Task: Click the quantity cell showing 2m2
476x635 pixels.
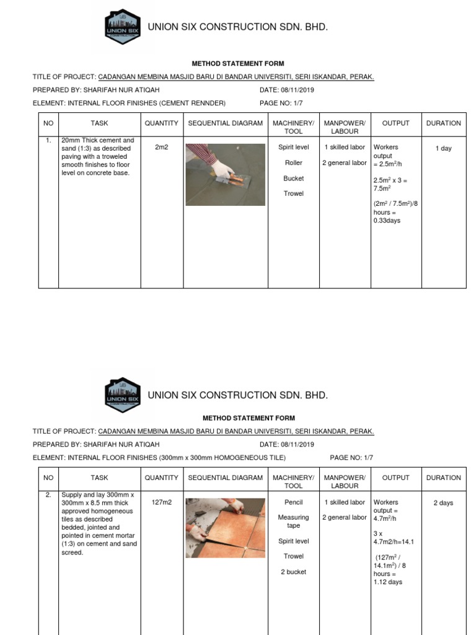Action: (x=161, y=148)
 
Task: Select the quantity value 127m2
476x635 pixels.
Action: (x=161, y=502)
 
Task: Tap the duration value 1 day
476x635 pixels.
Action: (x=443, y=149)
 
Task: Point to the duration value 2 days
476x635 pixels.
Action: (x=443, y=503)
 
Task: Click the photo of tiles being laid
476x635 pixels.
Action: (x=226, y=528)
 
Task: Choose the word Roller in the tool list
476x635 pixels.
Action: (x=293, y=163)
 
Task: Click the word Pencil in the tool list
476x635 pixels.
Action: (x=293, y=502)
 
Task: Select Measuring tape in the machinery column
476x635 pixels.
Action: (x=293, y=522)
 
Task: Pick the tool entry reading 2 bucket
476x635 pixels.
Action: (x=293, y=572)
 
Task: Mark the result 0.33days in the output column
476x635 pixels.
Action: (x=387, y=221)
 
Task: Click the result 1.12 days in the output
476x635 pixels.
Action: (x=387, y=582)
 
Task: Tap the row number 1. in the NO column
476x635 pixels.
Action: (x=48, y=141)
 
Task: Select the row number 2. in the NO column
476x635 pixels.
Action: (x=48, y=495)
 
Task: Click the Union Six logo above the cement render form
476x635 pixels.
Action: (x=123, y=27)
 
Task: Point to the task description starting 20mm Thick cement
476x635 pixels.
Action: (x=98, y=157)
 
